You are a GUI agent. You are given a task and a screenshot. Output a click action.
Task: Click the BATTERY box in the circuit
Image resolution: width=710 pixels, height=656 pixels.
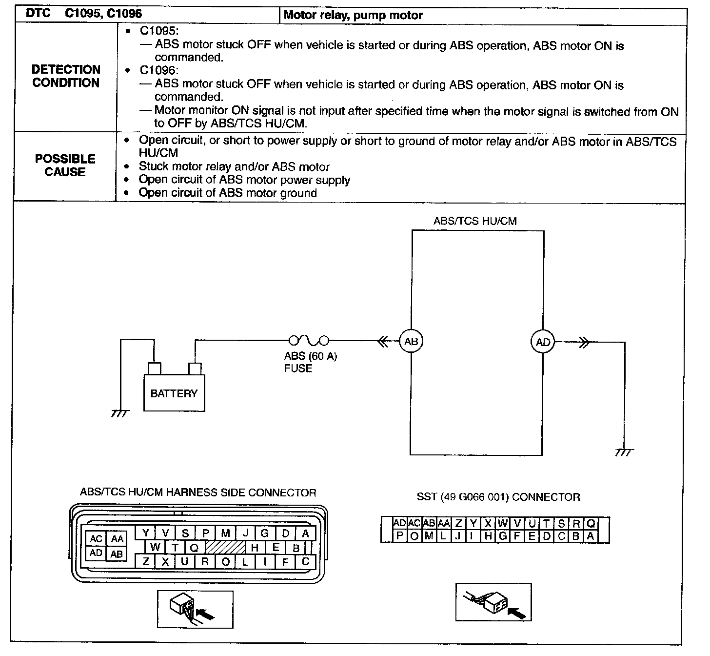[174, 393]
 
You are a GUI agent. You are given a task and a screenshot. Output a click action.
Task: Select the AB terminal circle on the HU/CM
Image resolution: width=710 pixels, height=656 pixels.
[411, 341]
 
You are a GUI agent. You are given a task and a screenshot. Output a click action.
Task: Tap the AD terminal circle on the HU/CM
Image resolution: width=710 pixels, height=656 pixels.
[543, 342]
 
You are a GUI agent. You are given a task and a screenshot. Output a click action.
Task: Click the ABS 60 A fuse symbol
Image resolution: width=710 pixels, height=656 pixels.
[309, 340]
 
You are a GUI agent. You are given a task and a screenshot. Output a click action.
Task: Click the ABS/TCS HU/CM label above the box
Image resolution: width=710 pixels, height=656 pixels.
[474, 221]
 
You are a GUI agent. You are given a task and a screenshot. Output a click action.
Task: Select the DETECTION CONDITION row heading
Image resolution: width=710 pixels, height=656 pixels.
[66, 76]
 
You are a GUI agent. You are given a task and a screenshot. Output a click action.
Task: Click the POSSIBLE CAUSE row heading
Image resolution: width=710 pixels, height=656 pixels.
[65, 165]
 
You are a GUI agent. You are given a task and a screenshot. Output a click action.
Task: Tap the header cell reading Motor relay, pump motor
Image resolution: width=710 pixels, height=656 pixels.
[353, 15]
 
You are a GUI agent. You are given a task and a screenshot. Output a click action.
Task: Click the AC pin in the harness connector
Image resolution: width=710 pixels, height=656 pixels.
[96, 539]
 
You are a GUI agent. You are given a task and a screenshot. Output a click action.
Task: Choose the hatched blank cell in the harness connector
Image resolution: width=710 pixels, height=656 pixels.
[225, 547]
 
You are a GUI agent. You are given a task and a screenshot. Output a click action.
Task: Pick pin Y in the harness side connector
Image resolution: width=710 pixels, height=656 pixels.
[145, 533]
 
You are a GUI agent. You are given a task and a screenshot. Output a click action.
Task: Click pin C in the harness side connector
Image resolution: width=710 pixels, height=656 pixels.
[306, 561]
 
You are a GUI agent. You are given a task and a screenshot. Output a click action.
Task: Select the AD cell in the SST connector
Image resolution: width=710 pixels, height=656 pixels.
[399, 523]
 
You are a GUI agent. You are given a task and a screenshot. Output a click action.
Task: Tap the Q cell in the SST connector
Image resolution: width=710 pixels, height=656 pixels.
[591, 523]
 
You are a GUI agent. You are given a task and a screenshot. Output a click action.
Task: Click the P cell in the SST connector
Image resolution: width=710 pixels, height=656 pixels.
[399, 536]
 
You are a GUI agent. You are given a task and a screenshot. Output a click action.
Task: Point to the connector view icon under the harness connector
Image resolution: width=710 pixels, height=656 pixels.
[195, 609]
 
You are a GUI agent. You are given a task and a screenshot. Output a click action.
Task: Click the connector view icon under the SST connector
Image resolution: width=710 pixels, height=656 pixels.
[493, 602]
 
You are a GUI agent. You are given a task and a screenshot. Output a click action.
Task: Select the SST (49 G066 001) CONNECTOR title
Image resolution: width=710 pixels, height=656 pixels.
[498, 497]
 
